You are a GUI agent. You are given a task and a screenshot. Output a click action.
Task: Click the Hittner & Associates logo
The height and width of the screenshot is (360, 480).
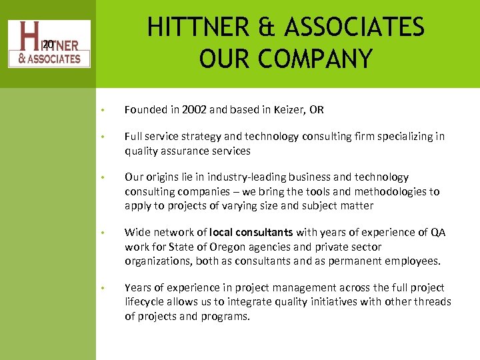point(49,44)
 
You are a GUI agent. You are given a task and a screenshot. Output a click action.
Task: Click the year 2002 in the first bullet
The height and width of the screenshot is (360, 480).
point(193,109)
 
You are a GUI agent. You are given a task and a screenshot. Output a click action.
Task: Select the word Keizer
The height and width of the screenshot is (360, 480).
point(288,109)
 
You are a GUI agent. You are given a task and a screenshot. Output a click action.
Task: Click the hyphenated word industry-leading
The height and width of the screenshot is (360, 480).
point(263,177)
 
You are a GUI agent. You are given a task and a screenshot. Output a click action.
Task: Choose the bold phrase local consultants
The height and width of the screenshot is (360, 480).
point(251,233)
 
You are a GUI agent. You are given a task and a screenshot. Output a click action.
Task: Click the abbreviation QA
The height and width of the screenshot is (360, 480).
point(439,233)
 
